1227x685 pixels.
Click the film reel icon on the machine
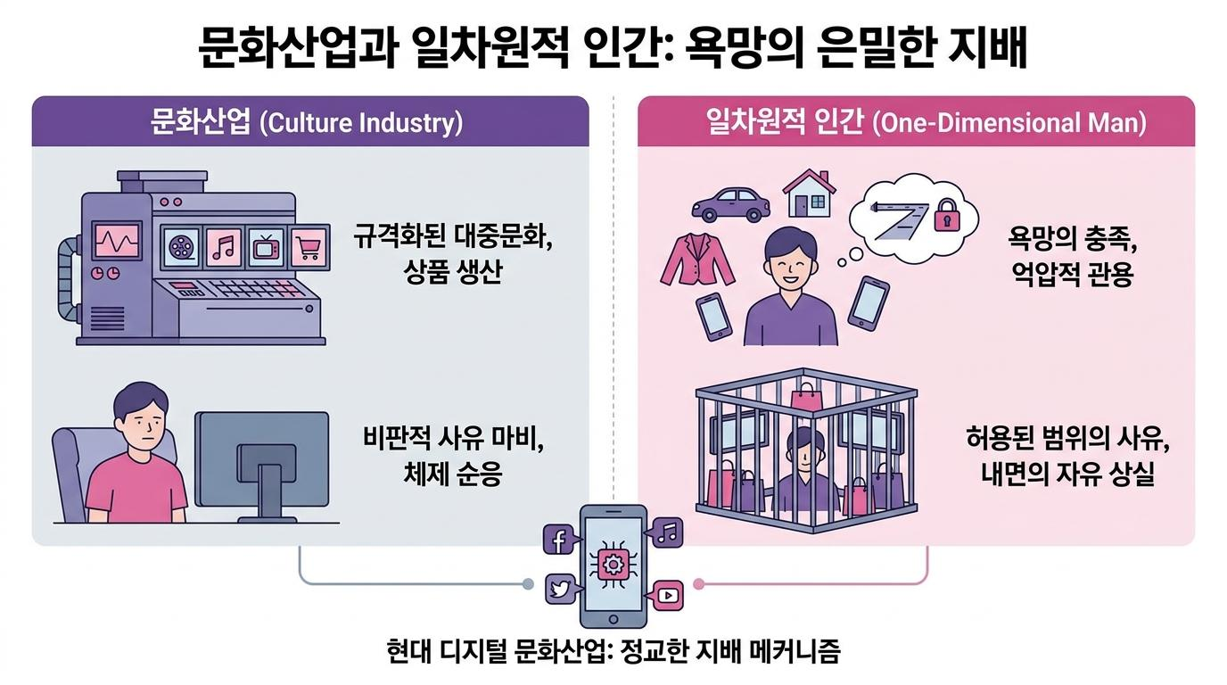coord(180,248)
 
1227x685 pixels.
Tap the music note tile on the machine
coord(223,248)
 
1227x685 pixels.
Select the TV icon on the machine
coord(267,248)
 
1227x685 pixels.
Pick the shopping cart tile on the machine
coord(309,248)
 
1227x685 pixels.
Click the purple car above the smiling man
coord(730,204)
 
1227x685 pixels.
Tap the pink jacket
coord(697,260)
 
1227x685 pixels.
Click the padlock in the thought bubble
coord(947,215)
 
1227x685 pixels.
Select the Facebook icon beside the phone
coord(559,540)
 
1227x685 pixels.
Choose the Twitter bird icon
coord(560,589)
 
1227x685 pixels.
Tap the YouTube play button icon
coord(668,596)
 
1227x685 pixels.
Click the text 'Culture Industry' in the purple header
coord(361,122)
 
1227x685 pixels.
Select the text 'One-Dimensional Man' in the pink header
coord(1009,122)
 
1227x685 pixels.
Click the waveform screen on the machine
coord(117,240)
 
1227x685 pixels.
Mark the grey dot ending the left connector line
coord(528,583)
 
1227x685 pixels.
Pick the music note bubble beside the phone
coord(665,532)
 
